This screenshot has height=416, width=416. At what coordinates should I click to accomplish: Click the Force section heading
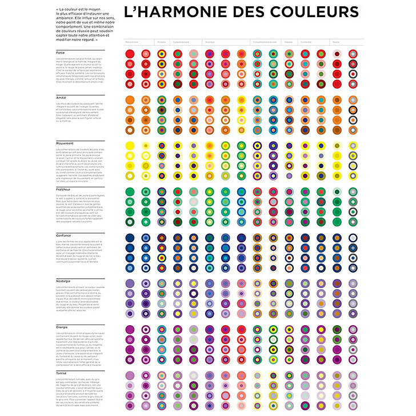coord(60,53)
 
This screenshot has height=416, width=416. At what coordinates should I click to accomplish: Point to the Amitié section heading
coord(61,98)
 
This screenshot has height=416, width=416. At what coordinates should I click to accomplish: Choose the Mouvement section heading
coord(64,143)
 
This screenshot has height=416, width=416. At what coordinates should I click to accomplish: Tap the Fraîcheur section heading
coord(63,187)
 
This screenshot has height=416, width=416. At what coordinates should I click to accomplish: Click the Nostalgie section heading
coord(63,281)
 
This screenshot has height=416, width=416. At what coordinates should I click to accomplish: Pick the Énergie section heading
coord(62,327)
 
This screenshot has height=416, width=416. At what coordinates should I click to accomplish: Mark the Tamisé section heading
coord(61,372)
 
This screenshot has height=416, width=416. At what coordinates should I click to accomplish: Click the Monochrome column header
coord(131,42)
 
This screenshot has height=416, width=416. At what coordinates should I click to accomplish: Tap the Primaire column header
coord(161,42)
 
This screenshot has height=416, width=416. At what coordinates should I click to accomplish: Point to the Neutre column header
coord(335,42)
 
